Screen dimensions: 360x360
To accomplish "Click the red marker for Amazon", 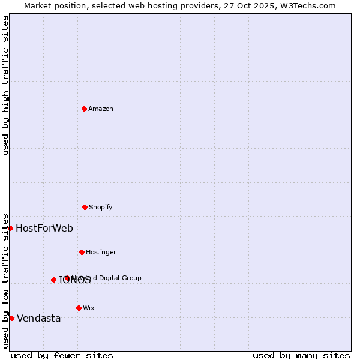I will click(x=84, y=109).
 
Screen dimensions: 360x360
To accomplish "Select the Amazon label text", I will click(x=101, y=109).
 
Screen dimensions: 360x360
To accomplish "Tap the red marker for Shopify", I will click(x=85, y=207).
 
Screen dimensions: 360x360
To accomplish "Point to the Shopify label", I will click(x=101, y=207).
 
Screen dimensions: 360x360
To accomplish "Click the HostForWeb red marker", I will click(x=10, y=228).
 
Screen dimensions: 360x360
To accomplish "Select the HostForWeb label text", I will click(x=44, y=228).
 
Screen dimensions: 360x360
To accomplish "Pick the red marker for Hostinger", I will click(x=82, y=252).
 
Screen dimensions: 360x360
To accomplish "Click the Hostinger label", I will click(x=101, y=252).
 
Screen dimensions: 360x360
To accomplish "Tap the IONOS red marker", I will click(x=53, y=280).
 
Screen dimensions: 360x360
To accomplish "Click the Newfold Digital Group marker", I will click(x=67, y=278).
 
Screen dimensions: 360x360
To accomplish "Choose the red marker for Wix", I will click(x=79, y=308).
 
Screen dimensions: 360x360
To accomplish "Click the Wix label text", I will click(x=89, y=308).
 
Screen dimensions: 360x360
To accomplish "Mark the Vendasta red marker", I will click(x=11, y=318).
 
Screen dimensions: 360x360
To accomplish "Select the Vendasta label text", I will click(x=39, y=318).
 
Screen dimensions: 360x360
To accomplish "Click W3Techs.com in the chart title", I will click(x=308, y=5).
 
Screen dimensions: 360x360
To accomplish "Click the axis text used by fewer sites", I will click(x=62, y=355).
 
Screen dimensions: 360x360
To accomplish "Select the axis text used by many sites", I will click(x=301, y=355).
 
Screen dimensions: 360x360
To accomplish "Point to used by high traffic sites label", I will click(x=5, y=85).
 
